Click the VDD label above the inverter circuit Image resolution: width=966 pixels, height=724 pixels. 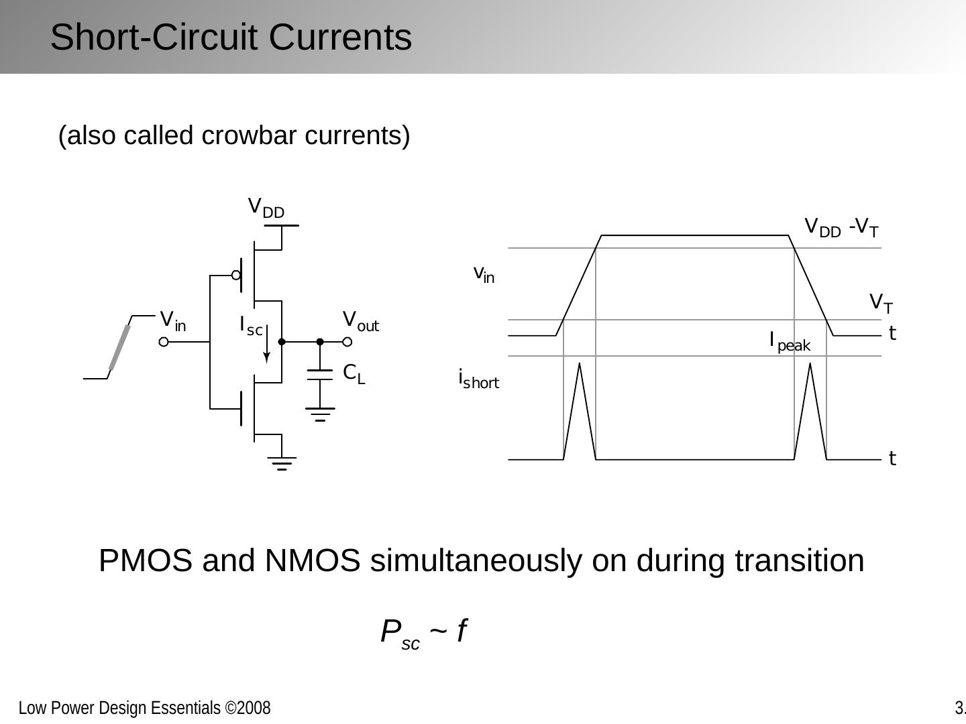pyautogui.click(x=266, y=207)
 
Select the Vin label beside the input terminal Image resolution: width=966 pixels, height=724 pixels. pyautogui.click(x=173, y=320)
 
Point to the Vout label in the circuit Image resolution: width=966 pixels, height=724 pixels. pyautogui.click(x=360, y=320)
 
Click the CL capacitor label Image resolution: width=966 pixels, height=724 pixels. pyautogui.click(x=354, y=373)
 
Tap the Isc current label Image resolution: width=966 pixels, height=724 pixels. pyautogui.click(x=251, y=326)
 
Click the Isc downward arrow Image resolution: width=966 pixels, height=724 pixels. pyautogui.click(x=267, y=345)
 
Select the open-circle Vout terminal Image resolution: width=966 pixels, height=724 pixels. pyautogui.click(x=347, y=342)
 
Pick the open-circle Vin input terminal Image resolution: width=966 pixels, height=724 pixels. pyautogui.click(x=164, y=342)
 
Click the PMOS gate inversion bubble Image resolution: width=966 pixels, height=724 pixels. pyautogui.click(x=236, y=275)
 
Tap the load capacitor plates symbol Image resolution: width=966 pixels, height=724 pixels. pyautogui.click(x=320, y=374)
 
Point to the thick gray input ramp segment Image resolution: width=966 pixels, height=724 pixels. pyautogui.click(x=119, y=347)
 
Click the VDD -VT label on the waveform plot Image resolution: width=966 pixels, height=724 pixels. pyautogui.click(x=841, y=228)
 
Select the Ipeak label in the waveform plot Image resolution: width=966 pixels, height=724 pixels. pyautogui.click(x=790, y=342)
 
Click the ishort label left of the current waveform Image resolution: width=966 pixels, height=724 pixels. pyautogui.click(x=478, y=379)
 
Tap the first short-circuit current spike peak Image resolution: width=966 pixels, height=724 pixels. pyautogui.click(x=580, y=364)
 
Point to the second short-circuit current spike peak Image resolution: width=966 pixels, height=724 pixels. pyautogui.click(x=810, y=364)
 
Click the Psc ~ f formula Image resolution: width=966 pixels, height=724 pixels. pyautogui.click(x=423, y=632)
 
